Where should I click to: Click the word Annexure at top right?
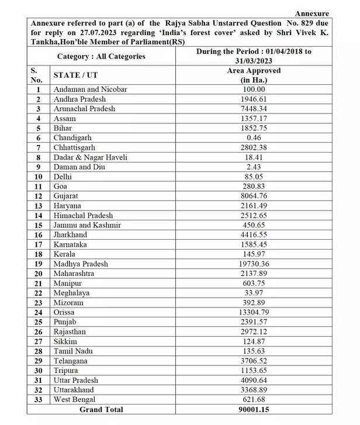pos(311,13)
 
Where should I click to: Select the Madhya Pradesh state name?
pos(81,264)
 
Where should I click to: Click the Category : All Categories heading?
pos(101,57)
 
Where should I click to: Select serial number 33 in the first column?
pos(38,400)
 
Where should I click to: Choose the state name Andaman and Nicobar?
pos(90,89)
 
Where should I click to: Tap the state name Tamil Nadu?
pos(73,351)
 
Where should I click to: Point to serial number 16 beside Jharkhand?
pos(38,235)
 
